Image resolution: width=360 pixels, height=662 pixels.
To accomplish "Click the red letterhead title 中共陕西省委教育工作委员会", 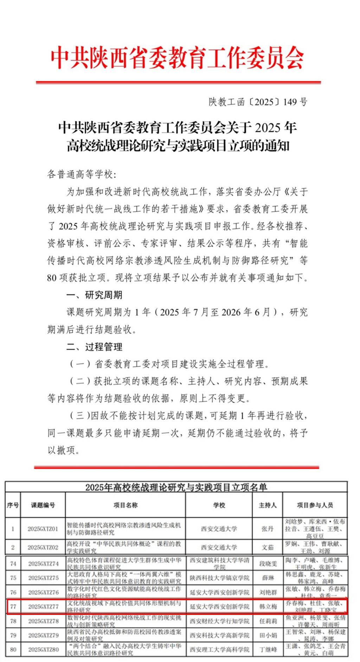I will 178,58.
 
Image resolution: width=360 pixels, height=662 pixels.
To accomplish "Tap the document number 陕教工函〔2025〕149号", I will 258,102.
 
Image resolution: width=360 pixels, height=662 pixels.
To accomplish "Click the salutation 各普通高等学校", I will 81,174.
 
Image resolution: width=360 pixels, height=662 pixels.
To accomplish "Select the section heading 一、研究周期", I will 94,295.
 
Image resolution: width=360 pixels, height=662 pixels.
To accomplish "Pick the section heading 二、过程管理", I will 94,347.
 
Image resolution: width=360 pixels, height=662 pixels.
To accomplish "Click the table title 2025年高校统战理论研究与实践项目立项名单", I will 176,487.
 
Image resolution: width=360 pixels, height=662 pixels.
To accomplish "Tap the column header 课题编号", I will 43,505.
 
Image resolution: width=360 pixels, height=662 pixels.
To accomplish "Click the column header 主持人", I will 268,505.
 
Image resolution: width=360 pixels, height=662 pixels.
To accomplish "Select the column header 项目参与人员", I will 315,505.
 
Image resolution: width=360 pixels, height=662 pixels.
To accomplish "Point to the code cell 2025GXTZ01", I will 43,529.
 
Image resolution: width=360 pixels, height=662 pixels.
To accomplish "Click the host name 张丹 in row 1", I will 268,529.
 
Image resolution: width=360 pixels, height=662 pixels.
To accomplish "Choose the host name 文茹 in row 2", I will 268,547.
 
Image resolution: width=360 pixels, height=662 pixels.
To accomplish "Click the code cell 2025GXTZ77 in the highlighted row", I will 43,606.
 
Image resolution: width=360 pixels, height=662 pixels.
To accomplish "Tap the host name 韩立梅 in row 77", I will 268,606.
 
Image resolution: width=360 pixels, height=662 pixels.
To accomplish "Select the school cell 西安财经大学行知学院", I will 219,621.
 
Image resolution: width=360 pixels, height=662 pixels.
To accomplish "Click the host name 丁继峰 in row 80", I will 268,649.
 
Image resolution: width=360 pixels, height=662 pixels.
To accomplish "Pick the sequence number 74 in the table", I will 13,564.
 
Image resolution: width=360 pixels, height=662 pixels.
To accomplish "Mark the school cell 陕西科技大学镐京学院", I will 219,578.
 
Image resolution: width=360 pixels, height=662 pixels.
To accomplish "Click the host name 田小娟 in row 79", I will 268,635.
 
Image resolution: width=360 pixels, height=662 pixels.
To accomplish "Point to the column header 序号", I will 13,505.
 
